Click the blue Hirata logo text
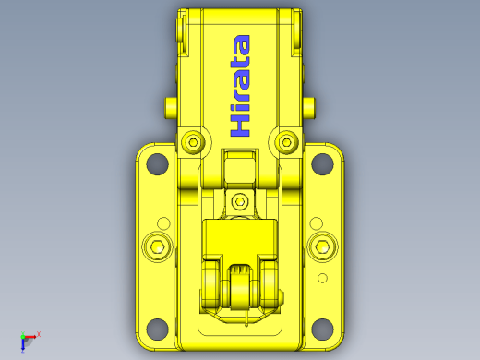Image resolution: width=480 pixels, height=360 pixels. pos(240,86)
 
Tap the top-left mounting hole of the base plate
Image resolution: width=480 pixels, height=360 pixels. pos(157,163)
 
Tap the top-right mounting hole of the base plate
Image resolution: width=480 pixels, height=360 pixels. pos(322,163)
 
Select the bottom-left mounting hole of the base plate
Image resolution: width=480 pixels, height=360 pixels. pos(157,330)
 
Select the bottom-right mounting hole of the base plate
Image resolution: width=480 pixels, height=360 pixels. pos(322,330)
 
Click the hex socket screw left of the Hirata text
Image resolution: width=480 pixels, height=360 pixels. pos(193,142)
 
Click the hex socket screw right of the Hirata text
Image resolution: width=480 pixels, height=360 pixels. pos(287,142)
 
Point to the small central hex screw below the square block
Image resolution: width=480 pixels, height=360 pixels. pos(240,202)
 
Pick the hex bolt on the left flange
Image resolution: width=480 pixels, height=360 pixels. pos(158,247)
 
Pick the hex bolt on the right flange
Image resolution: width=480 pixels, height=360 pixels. pos(322,247)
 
